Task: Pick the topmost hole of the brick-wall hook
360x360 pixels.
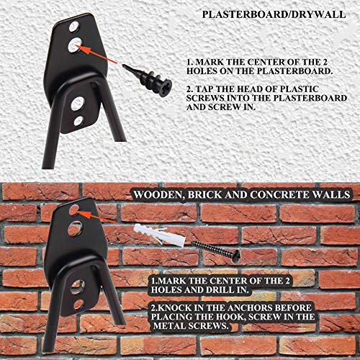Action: pos(74,210)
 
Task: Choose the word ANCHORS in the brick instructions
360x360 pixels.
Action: pos(269,303)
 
